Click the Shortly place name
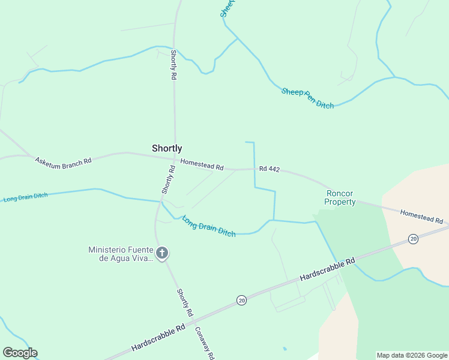coord(167,148)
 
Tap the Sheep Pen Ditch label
coord(307,98)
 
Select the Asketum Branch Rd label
coord(63,161)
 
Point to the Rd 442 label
coord(270,169)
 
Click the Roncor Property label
coord(340,197)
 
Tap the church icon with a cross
coord(161,252)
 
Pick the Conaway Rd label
coord(204,342)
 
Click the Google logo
coord(20,353)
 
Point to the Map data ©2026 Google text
coord(412,355)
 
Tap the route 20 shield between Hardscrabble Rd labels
coord(241,300)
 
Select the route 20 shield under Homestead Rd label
coord(413,239)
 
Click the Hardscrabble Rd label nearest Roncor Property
coord(328,270)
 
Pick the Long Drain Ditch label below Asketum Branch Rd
coord(25,197)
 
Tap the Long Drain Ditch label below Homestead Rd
coord(208,226)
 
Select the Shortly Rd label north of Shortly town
coord(173,65)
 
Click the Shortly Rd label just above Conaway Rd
coord(185,303)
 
